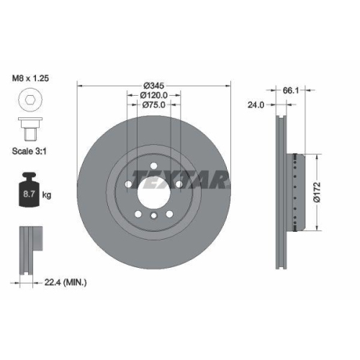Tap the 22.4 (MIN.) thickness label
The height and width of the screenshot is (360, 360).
[64, 283]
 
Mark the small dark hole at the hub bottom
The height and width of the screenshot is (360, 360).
[153, 217]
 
